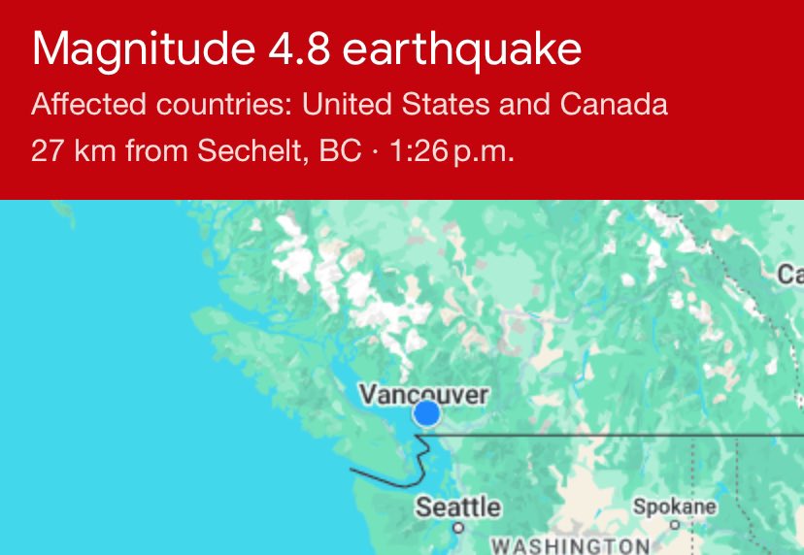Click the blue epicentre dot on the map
426,414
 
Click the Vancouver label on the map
423,394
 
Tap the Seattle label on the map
458,506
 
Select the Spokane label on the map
675,506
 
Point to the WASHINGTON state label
569,544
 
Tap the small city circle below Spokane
675,524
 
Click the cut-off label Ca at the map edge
789,275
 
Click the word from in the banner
155,152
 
